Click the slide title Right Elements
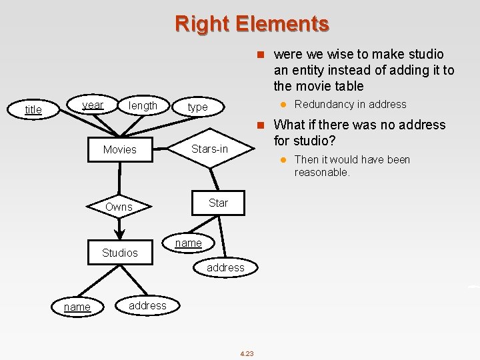tap(252, 24)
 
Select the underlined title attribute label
tap(33, 109)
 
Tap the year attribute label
tap(93, 105)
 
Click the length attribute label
tap(143, 105)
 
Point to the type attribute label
tap(197, 107)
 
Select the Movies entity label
tap(119, 149)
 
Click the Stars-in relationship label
tap(209, 149)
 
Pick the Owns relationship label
tap(119, 207)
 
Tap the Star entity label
tap(218, 203)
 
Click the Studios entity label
tap(119, 253)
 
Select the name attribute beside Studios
tap(188, 243)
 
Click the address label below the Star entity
tap(225, 267)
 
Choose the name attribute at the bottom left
tap(77, 307)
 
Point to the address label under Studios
tap(147, 305)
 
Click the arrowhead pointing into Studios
tap(119, 234)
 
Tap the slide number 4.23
tap(246, 353)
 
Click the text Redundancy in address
tap(350, 104)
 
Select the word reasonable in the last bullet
tap(321, 172)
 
